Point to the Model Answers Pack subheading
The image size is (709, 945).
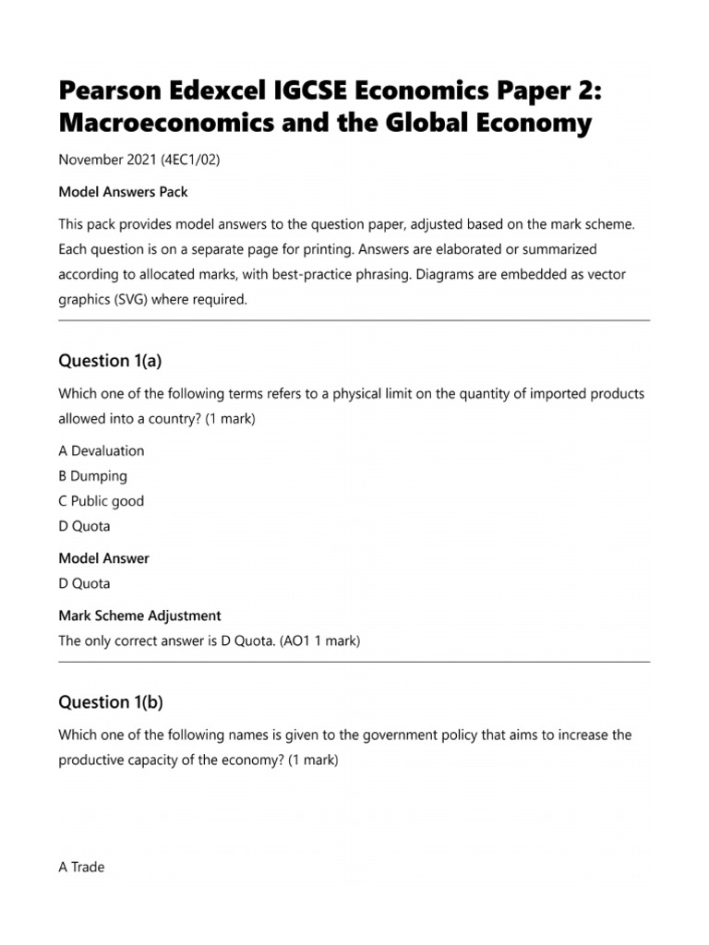coord(123,192)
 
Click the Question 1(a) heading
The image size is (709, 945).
coord(110,361)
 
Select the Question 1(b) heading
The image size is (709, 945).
coord(111,702)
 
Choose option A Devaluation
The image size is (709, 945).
coord(102,451)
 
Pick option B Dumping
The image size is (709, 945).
coord(92,476)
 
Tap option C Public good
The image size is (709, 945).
coord(102,501)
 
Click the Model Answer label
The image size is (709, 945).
coord(103,558)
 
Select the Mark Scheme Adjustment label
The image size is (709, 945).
coord(139,616)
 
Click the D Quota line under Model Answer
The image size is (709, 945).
coord(84,583)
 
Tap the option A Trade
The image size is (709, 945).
coord(81,867)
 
